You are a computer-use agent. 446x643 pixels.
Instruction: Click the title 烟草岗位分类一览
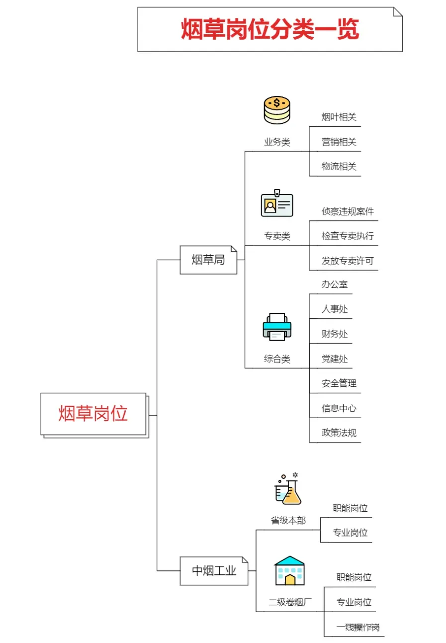click(x=269, y=30)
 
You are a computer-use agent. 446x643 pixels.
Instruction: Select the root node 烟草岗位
click(x=93, y=414)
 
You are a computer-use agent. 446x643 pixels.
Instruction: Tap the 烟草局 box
click(x=208, y=260)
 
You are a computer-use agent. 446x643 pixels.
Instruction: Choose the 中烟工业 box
click(x=214, y=570)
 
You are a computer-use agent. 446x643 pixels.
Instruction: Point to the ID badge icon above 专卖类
click(x=277, y=204)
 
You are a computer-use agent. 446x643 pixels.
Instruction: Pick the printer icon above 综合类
click(x=277, y=327)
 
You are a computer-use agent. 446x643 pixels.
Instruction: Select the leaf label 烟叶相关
click(x=339, y=117)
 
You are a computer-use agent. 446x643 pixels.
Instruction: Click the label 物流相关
click(x=339, y=167)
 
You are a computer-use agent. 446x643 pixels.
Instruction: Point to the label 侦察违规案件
click(x=348, y=211)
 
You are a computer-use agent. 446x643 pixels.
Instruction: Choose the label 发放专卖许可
click(x=348, y=261)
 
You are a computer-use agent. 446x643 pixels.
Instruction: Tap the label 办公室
click(x=335, y=285)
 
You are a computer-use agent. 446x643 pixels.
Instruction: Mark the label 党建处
click(x=335, y=359)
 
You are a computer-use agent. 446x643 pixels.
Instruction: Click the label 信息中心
click(x=339, y=408)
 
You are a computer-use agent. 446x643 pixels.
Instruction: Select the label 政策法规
click(x=339, y=433)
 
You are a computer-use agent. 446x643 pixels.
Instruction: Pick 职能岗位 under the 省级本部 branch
click(x=350, y=508)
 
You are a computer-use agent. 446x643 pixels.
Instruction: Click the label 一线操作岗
click(x=357, y=627)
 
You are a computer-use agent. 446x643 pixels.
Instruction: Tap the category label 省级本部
click(x=288, y=521)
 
